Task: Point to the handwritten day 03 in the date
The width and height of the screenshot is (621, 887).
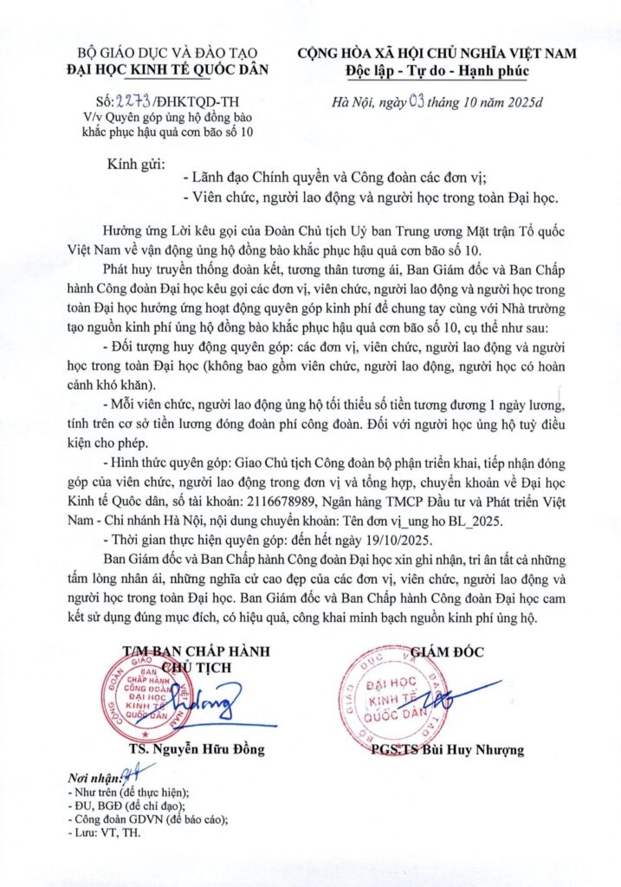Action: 417,102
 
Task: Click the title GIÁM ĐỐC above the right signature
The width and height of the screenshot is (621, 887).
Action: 448,652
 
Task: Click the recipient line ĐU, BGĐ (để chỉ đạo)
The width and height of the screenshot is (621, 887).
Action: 127,806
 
